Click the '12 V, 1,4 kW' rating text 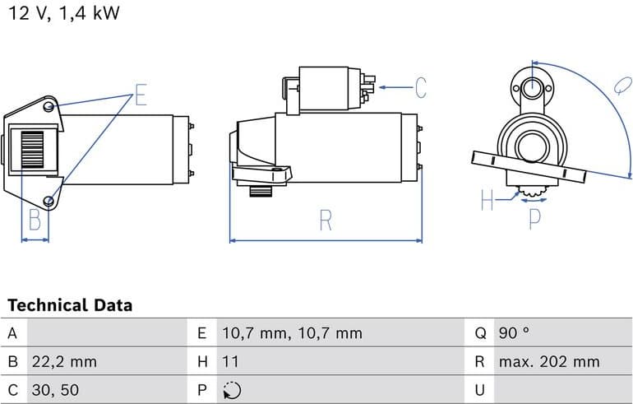click(64, 14)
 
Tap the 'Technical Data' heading click(70, 305)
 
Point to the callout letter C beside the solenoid click(420, 87)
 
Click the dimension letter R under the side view click(326, 221)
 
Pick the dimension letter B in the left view click(35, 221)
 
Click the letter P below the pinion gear click(534, 218)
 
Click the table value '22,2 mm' click(63, 361)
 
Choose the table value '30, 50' click(55, 389)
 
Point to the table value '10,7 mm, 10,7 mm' click(292, 333)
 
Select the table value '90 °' click(514, 333)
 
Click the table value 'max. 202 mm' click(549, 361)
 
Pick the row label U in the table click(480, 389)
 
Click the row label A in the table click(12, 333)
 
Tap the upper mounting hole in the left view click(49, 108)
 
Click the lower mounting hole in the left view click(49, 201)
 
